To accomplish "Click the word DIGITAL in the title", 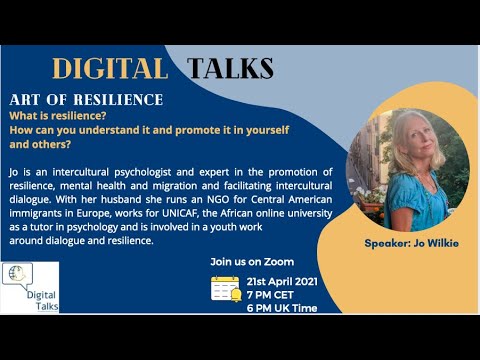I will (109, 68).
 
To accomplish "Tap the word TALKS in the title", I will (230, 68).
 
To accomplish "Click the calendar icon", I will (225, 289).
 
